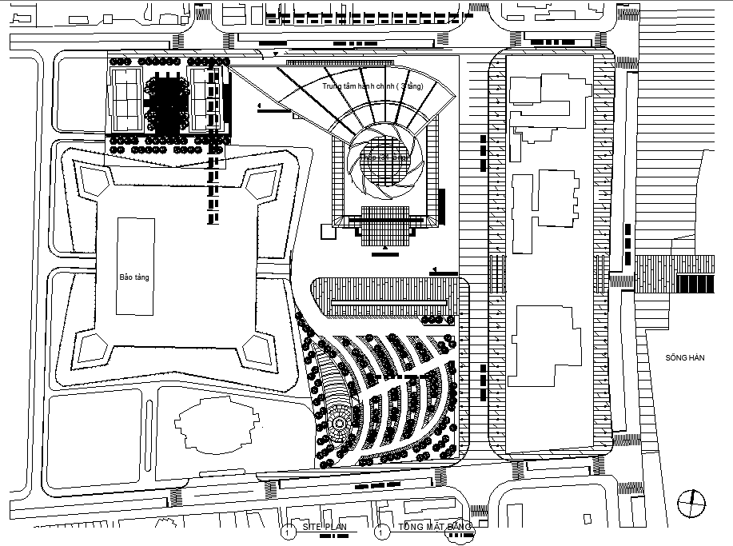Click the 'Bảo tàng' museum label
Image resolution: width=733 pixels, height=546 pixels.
coord(134,277)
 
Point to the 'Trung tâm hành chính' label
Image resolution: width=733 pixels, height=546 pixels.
coord(372,86)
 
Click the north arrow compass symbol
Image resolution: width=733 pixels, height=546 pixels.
coord(691,504)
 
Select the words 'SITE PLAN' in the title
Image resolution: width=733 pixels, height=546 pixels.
coord(325,527)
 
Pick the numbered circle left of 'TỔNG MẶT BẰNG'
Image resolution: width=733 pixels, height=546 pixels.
coord(383,531)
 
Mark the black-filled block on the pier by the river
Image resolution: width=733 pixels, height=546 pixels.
coord(692,283)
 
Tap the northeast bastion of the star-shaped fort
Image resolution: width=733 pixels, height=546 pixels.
coord(265,184)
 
